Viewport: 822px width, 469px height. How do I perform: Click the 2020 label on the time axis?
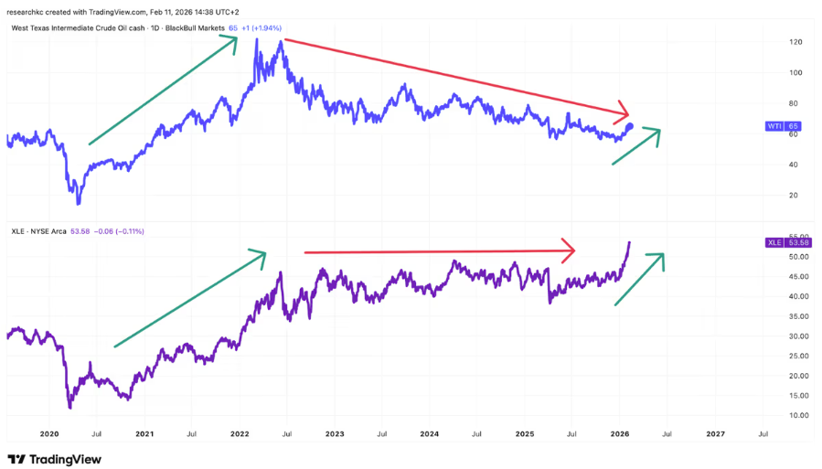coord(49,433)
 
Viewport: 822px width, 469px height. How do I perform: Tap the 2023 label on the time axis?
coord(335,433)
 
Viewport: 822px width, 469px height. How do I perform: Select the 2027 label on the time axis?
coord(716,433)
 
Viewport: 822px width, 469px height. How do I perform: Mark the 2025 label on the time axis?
coord(525,433)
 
